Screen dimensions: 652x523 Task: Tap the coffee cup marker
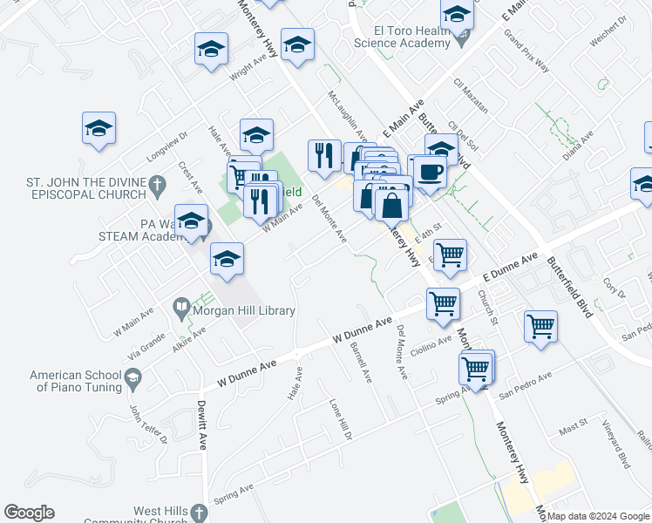428,172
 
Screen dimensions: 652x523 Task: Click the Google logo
29,513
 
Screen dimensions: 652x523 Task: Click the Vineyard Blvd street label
622,453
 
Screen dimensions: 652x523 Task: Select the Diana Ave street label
578,143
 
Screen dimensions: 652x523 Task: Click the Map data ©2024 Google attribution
598,516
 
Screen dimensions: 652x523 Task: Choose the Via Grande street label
145,344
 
